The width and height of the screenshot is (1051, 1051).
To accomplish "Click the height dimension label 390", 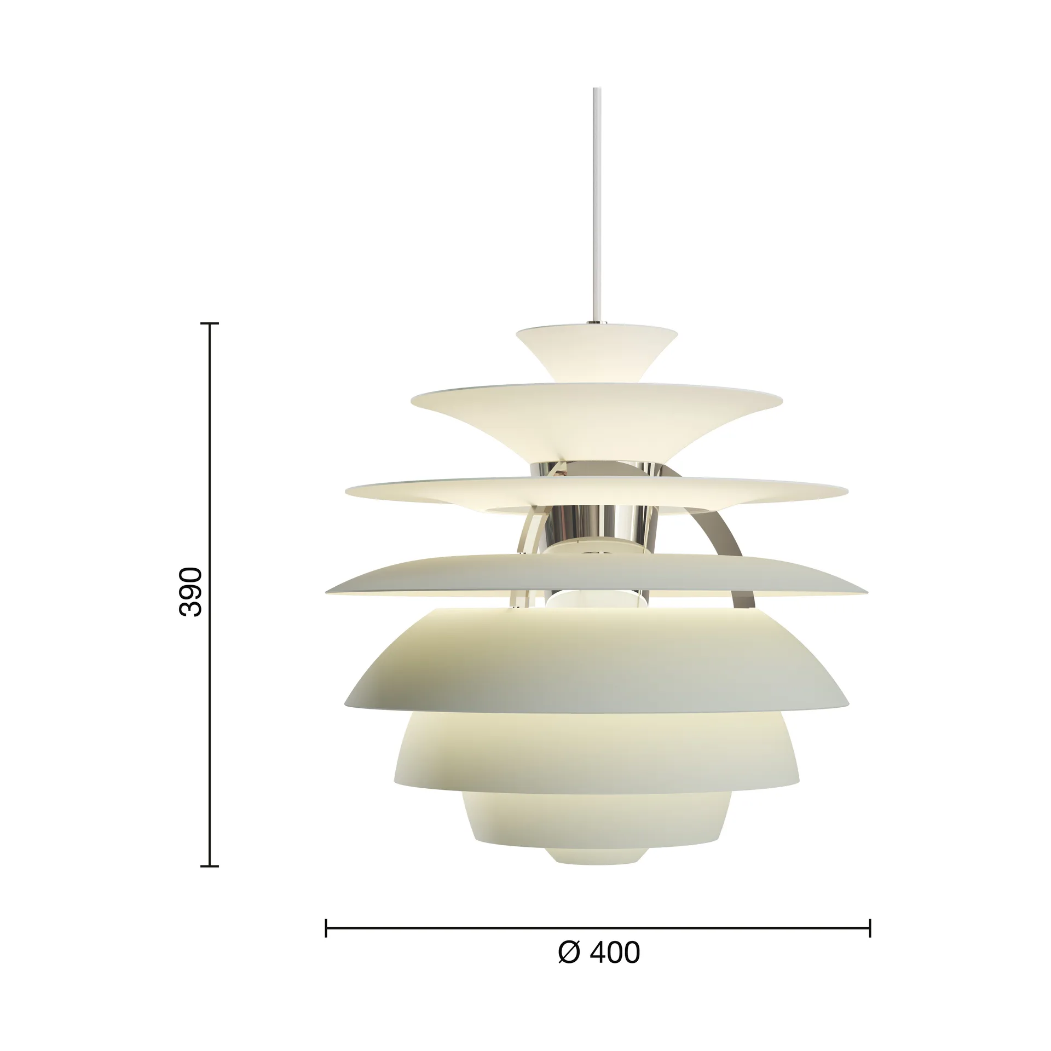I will [191, 584].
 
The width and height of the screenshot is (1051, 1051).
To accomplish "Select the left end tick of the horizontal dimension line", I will [326, 928].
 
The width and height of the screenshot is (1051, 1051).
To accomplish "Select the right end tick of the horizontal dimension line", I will [870, 928].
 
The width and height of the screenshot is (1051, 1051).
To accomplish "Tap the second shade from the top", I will [596, 416].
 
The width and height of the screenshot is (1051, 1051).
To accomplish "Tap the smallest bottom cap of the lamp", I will [596, 867].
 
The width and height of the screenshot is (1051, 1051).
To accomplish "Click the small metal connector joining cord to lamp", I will [595, 322].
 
